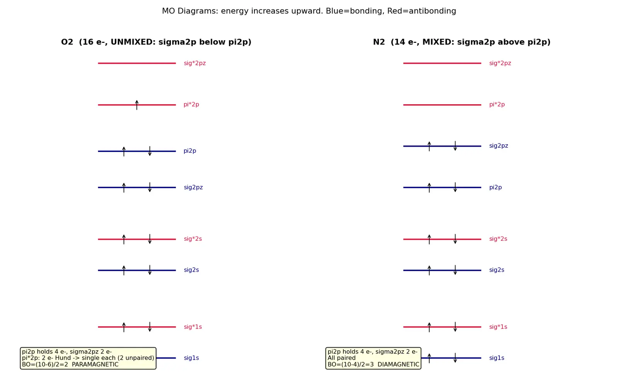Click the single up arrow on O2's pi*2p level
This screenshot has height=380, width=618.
(x=137, y=105)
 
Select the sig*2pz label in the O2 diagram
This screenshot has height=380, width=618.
(x=195, y=63)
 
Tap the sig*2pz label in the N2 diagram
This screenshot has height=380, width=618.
(x=500, y=63)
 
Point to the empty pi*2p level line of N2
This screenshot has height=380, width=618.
(x=442, y=105)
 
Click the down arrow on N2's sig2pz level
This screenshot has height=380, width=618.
(x=455, y=146)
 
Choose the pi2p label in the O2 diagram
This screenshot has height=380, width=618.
(x=190, y=151)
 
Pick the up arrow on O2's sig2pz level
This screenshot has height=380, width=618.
(x=124, y=187)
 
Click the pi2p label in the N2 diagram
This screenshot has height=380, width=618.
(x=496, y=187)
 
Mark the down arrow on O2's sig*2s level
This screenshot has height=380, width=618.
(x=150, y=239)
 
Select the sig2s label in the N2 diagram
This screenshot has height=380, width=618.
(x=497, y=270)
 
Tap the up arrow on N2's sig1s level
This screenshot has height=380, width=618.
(x=429, y=358)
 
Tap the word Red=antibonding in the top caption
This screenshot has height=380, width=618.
(x=421, y=11)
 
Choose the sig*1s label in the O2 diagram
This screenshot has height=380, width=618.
(x=193, y=327)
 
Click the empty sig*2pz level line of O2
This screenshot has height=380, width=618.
(x=137, y=63)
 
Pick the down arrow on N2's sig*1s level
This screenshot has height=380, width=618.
(x=455, y=327)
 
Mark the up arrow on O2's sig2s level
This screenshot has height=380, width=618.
(x=124, y=270)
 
